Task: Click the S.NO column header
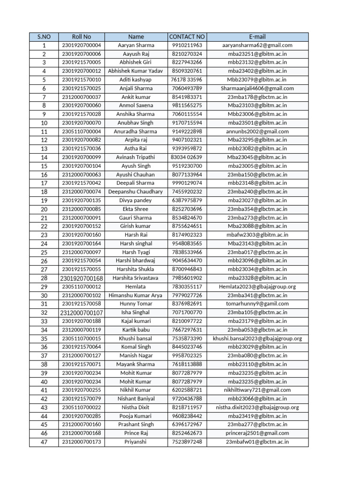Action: point(44,37)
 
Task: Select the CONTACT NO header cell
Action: point(187,37)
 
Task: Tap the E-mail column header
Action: point(257,37)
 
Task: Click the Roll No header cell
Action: point(82,37)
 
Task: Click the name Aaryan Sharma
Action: point(135,45)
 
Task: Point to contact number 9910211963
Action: point(187,45)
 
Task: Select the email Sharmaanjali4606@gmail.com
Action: point(257,89)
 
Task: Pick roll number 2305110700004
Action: point(82,132)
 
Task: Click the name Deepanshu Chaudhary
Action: point(135,192)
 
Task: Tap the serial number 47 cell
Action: point(44,442)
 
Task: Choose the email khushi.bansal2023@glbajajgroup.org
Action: point(257,338)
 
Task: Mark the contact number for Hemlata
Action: point(187,287)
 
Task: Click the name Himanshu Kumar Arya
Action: point(135,295)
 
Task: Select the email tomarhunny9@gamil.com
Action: point(257,304)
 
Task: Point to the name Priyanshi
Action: point(135,442)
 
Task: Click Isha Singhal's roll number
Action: point(82,313)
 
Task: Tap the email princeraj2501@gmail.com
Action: point(257,433)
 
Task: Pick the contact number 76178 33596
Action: point(187,80)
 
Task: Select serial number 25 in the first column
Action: point(44,252)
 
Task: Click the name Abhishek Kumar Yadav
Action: point(135,71)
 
